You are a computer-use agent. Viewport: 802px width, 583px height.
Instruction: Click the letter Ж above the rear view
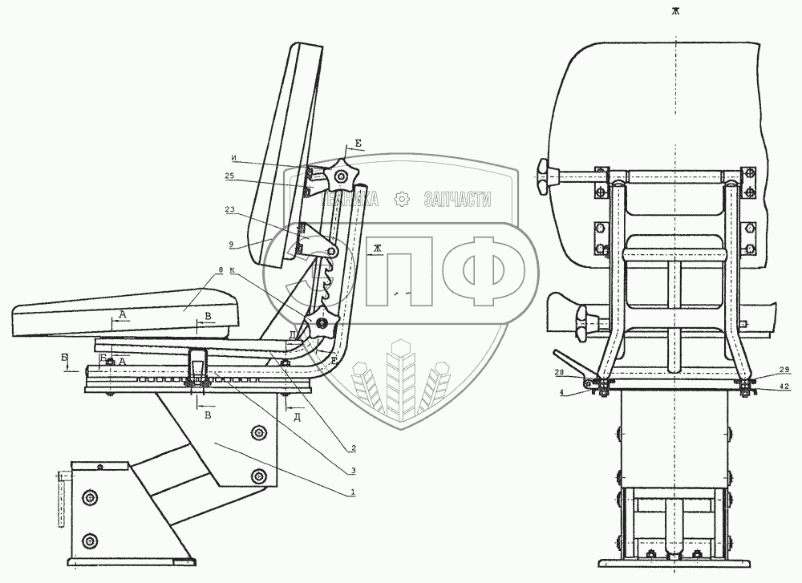[676, 11]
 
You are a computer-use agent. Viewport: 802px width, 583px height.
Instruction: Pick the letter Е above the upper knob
[358, 144]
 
